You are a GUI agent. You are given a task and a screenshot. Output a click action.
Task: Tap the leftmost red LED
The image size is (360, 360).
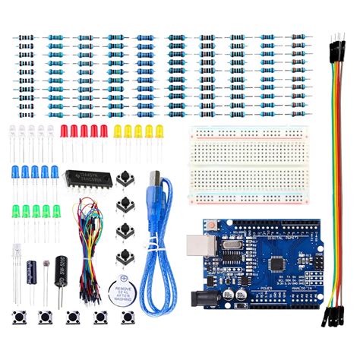coord(65,131)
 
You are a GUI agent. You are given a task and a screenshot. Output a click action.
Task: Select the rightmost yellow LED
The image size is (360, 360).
coord(159,131)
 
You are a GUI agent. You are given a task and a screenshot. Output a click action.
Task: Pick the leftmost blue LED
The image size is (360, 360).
coord(14,172)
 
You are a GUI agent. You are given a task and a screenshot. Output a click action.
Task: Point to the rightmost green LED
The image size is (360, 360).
coord(56,210)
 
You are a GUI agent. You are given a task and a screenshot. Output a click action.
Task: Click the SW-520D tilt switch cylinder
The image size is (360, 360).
coord(65,272)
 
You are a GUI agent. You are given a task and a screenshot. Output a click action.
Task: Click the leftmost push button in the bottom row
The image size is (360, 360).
coord(15,317)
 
